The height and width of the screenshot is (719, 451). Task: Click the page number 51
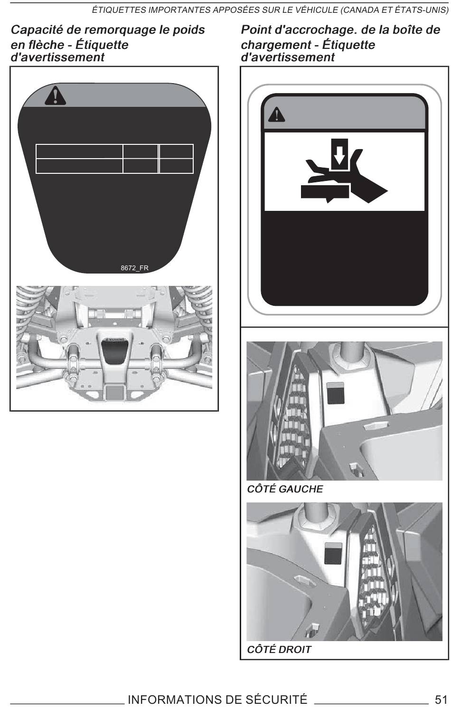click(441, 699)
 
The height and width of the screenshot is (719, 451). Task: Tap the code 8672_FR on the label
click(134, 268)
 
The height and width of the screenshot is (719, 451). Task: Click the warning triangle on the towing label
click(55, 95)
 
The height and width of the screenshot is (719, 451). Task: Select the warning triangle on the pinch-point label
click(276, 114)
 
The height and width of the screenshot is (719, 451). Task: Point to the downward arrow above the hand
click(339, 154)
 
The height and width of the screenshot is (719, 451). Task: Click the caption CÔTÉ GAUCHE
click(285, 489)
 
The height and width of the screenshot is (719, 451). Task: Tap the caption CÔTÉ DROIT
click(279, 649)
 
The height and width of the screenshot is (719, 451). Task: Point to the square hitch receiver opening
click(114, 393)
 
